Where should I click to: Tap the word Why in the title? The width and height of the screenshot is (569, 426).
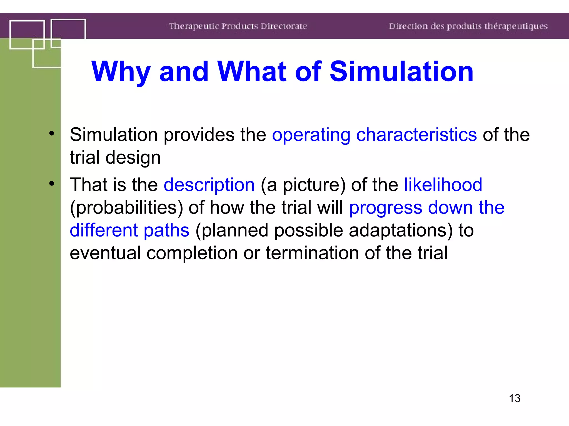121,72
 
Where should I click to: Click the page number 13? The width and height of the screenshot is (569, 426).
515,398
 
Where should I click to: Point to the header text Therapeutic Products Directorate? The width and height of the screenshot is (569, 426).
238,26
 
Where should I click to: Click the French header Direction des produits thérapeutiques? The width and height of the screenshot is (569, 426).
468,26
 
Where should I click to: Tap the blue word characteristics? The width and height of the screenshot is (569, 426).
416,135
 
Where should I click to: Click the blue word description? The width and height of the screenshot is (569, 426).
209,185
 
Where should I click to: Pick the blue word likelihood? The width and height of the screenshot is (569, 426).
443,185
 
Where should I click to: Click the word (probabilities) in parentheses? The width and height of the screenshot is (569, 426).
126,208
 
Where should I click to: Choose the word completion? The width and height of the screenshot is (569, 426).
192,253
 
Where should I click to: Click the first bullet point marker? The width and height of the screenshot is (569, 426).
52,133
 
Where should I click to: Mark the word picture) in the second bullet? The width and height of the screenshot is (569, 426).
314,185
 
